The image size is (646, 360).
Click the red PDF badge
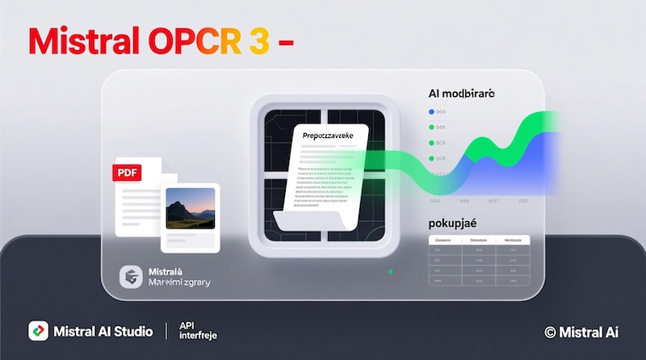click(127, 172)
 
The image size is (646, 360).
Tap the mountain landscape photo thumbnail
click(191, 209)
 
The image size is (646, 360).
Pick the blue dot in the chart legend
click(432, 112)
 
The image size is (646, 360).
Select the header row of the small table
click(477, 240)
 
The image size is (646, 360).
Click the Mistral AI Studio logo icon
click(38, 331)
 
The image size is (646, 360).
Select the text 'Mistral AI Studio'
click(103, 331)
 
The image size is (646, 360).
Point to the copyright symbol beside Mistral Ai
click(551, 331)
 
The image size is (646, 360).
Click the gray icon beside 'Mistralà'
click(129, 276)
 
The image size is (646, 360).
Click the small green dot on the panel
click(391, 272)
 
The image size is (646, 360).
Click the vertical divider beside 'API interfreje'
click(166, 331)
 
